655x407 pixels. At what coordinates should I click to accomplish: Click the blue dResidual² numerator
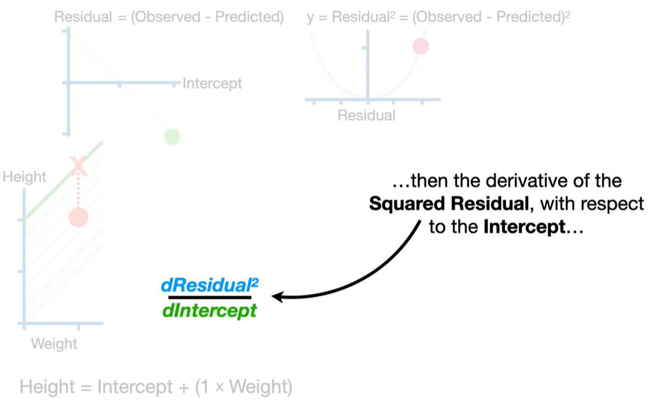click(x=209, y=286)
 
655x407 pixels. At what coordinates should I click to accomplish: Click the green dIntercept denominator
click(x=209, y=310)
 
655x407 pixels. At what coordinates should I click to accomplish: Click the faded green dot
click(x=172, y=136)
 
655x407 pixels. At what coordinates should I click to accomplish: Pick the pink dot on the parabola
click(x=420, y=46)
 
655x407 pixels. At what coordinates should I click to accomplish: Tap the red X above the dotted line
click(x=78, y=166)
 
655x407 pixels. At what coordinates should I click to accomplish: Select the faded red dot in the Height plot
click(x=78, y=217)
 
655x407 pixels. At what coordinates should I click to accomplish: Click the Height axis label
click(x=25, y=177)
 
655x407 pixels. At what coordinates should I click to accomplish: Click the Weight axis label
click(x=54, y=343)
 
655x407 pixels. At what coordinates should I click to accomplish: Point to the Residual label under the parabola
click(x=366, y=115)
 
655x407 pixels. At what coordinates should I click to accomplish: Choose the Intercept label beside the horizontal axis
click(x=212, y=83)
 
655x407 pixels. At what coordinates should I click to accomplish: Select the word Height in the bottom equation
click(x=47, y=387)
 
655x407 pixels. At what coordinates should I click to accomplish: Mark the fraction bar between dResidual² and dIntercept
click(x=209, y=298)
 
